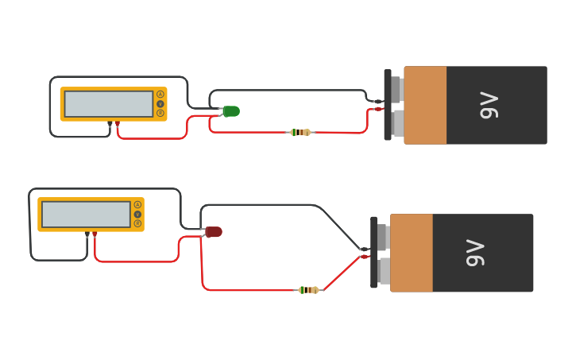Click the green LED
(x=231, y=111)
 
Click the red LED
(x=214, y=232)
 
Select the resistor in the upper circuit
(x=300, y=132)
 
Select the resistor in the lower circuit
(x=308, y=290)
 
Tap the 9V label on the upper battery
(x=489, y=105)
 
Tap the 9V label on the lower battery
(x=474, y=253)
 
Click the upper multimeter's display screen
(x=109, y=104)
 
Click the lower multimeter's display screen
(x=86, y=215)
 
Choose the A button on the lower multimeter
(x=137, y=205)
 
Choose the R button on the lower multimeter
(x=137, y=223)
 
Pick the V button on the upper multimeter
(x=160, y=104)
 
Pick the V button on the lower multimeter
(x=137, y=215)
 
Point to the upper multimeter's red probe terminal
(x=118, y=124)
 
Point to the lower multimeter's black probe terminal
(x=87, y=234)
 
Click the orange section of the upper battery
(x=425, y=105)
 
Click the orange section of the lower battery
(x=412, y=253)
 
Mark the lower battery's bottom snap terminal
(x=384, y=271)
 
